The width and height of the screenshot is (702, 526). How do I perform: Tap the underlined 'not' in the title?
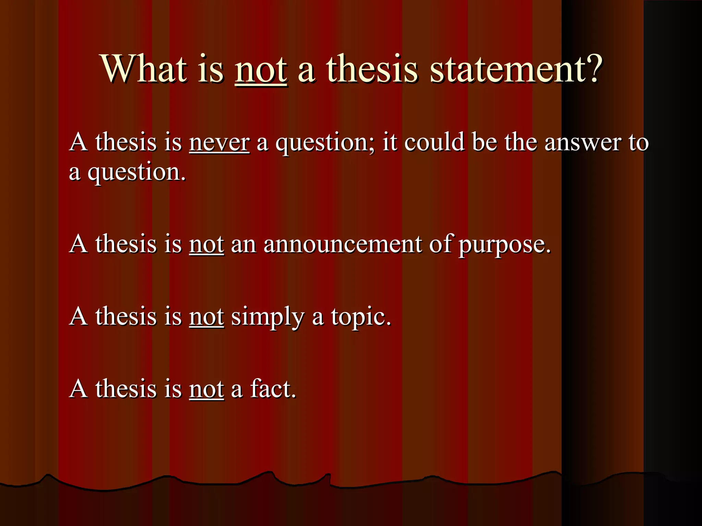click(261, 70)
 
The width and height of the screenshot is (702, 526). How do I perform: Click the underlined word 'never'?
click(219, 142)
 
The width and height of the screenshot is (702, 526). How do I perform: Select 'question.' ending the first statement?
click(136, 173)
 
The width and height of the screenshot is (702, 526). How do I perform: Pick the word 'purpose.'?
click(505, 246)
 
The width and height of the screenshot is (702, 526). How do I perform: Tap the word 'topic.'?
click(361, 318)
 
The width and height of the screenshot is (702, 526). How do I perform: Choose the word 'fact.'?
click(273, 389)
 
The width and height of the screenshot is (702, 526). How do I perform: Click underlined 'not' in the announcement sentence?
click(206, 245)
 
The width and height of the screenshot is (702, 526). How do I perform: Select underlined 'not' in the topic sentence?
click(206, 317)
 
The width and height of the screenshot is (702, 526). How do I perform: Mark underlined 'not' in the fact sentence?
click(206, 390)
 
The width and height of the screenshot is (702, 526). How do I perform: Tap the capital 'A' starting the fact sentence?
click(78, 389)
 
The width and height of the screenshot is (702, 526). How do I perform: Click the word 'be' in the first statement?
click(484, 142)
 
